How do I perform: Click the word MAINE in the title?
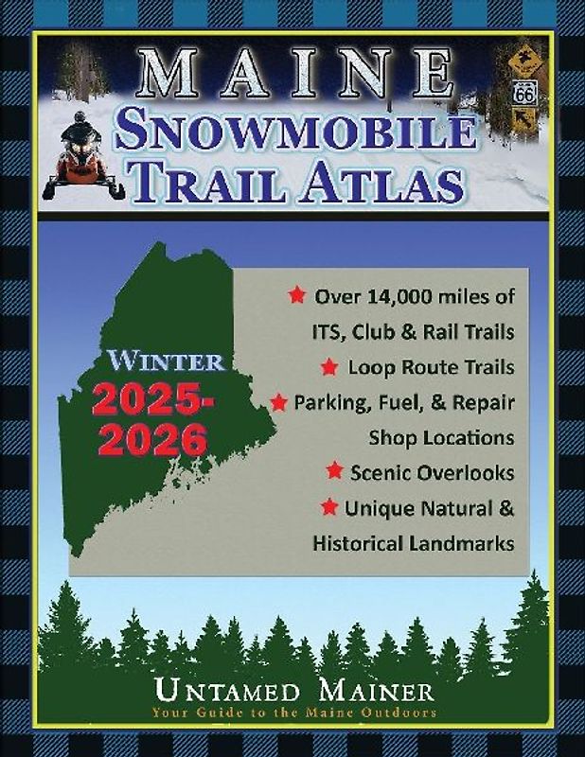pos(293,73)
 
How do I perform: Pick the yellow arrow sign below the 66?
pos(523,121)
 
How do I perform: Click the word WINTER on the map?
pos(167,361)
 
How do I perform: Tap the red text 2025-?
pos(153,402)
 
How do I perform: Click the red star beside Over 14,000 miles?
pos(296,295)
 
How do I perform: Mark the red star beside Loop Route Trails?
pos(330,365)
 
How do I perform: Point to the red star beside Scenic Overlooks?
pos(334,470)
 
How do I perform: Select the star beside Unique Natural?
pos(329,507)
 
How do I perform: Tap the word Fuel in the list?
pos(388,402)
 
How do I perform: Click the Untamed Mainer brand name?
pos(292,689)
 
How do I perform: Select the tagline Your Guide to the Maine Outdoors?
pos(292,713)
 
